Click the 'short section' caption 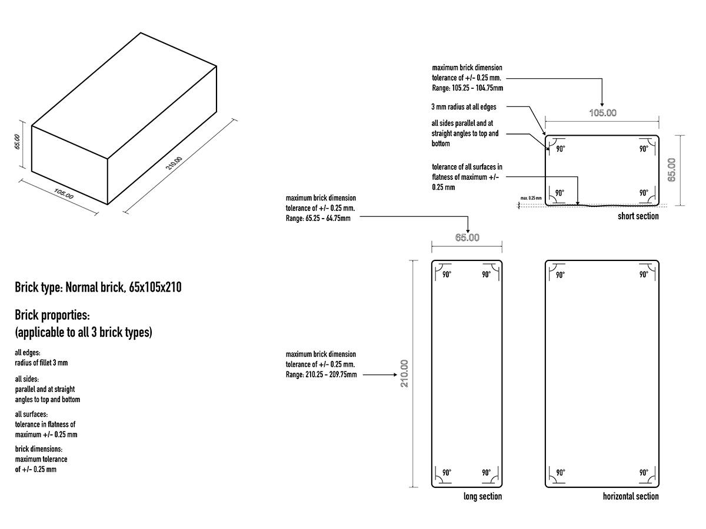pos(638,216)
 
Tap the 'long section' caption pos(482,497)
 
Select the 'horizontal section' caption pos(631,497)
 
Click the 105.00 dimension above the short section pos(602,113)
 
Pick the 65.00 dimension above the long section pos(467,237)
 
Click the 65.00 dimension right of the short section pos(672,170)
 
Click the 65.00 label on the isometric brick pos(18,142)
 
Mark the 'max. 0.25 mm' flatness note pos(531,198)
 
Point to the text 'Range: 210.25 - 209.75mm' pos(321,374)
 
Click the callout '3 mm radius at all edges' pos(464,107)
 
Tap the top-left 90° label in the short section pos(560,149)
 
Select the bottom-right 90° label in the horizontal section pos(644,473)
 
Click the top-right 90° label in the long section pos(487,274)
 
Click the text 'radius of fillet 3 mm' pos(41,363)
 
